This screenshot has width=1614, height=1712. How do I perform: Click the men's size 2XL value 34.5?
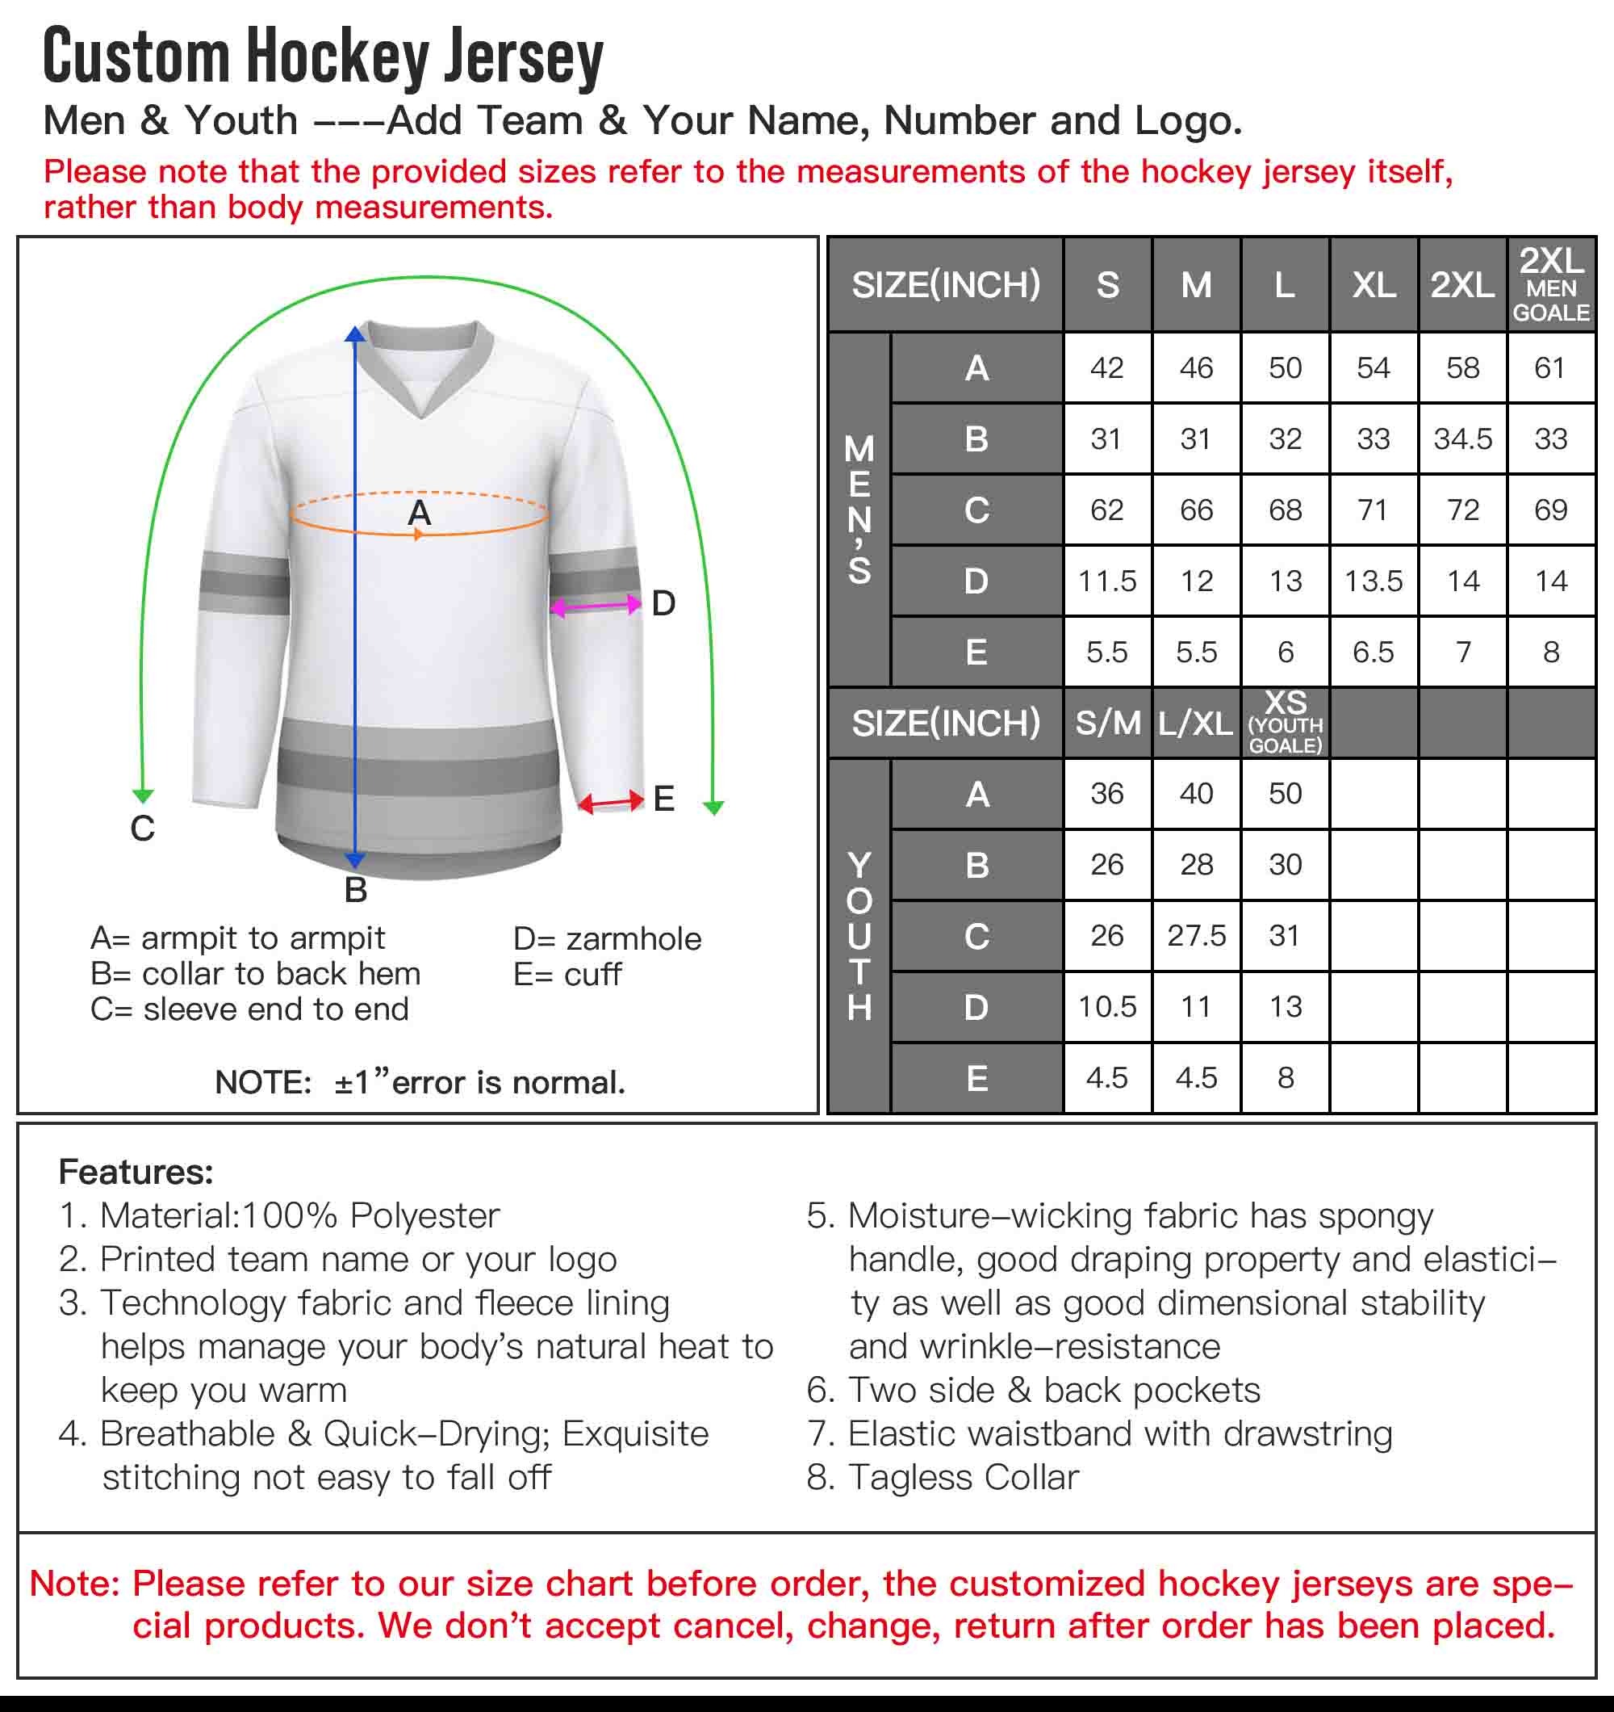pyautogui.click(x=1462, y=439)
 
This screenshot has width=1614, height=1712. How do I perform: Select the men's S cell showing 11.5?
pyautogui.click(x=1107, y=581)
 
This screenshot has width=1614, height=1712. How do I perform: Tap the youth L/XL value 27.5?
pyautogui.click(x=1197, y=935)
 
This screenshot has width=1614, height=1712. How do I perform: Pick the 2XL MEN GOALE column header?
pyautogui.click(x=1551, y=285)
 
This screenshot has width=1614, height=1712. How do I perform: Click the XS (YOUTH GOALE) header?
pyautogui.click(x=1286, y=723)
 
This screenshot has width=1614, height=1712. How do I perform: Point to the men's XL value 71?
pyautogui.click(x=1373, y=510)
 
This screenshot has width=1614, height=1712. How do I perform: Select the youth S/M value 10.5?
pyautogui.click(x=1107, y=1006)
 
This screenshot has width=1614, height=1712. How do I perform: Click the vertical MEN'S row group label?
pyautogui.click(x=859, y=510)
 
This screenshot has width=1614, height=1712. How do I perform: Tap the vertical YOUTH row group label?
pyautogui.click(x=859, y=935)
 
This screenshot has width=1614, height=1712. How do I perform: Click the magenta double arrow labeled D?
pyautogui.click(x=596, y=606)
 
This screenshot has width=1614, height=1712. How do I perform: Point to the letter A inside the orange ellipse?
pyautogui.click(x=419, y=514)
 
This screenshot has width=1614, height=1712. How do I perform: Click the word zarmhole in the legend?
pyautogui.click(x=633, y=938)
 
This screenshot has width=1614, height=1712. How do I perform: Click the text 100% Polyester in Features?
pyautogui.click(x=370, y=1216)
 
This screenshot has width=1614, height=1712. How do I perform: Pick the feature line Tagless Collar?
pyautogui.click(x=963, y=1478)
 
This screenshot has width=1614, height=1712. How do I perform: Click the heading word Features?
pyautogui.click(x=135, y=1172)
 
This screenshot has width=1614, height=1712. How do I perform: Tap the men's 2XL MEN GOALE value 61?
pyautogui.click(x=1550, y=368)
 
